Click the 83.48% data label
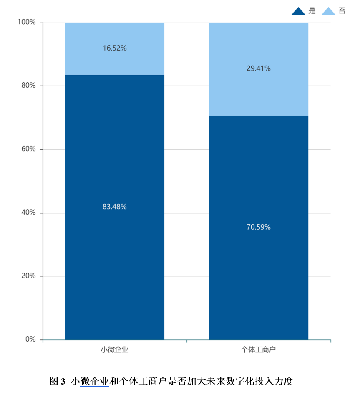point(114,206)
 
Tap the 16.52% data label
point(114,48)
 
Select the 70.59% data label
point(258,227)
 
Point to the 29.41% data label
point(258,68)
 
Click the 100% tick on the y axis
point(26,22)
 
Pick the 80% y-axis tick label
point(28,86)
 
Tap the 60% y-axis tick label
point(28,149)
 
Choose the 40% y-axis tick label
point(28,213)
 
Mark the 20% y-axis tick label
point(28,276)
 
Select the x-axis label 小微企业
point(114,349)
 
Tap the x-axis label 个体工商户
point(258,349)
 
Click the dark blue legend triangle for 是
point(298,11)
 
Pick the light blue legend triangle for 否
point(328,11)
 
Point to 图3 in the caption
point(58,381)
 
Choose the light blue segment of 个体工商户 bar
point(258,92)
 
